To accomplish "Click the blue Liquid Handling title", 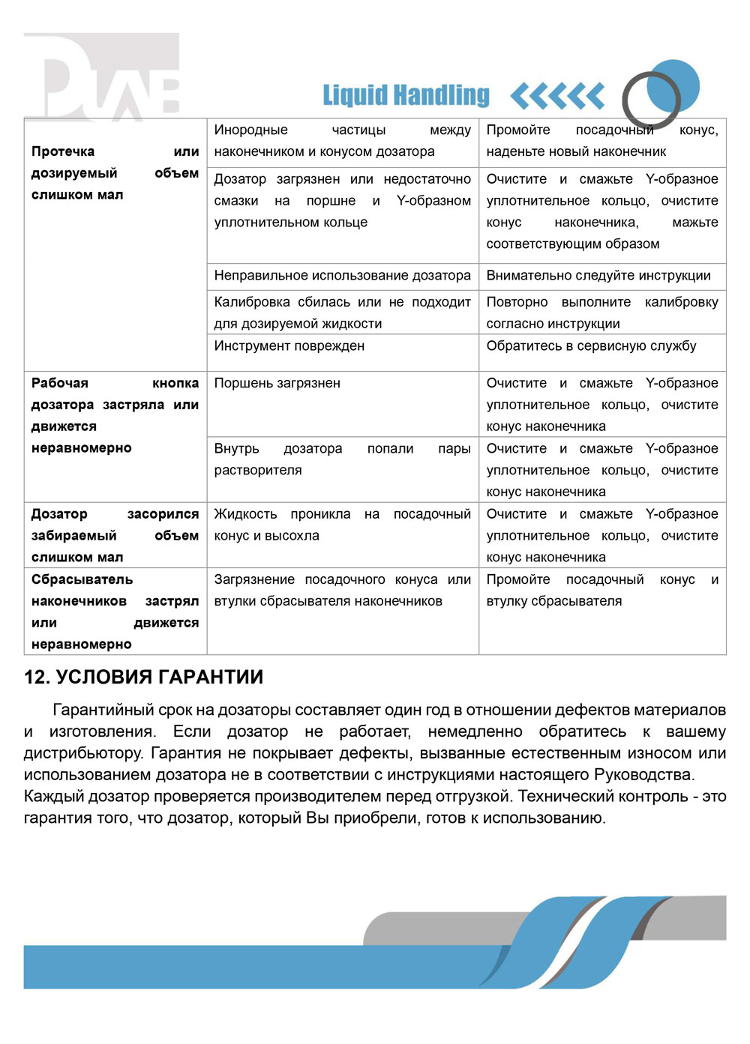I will pyautogui.click(x=406, y=95).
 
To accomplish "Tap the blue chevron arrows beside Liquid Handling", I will pyautogui.click(x=557, y=96).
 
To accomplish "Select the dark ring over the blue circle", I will pyautogui.click(x=651, y=99).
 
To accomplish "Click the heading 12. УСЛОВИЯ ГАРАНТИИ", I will pyautogui.click(x=143, y=677).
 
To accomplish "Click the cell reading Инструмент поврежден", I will pyautogui.click(x=289, y=346).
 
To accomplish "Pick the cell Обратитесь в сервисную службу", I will pyautogui.click(x=591, y=346).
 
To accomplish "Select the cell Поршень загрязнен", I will pyautogui.click(x=277, y=383).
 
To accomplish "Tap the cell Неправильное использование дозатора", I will pyautogui.click(x=342, y=275).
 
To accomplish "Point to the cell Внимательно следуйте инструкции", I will pyautogui.click(x=598, y=275).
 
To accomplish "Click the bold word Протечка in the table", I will pyautogui.click(x=63, y=151).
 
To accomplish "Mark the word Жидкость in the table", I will pyautogui.click(x=245, y=514).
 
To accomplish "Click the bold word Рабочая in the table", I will pyautogui.click(x=60, y=383).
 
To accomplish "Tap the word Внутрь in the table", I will pyautogui.click(x=236, y=448).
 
